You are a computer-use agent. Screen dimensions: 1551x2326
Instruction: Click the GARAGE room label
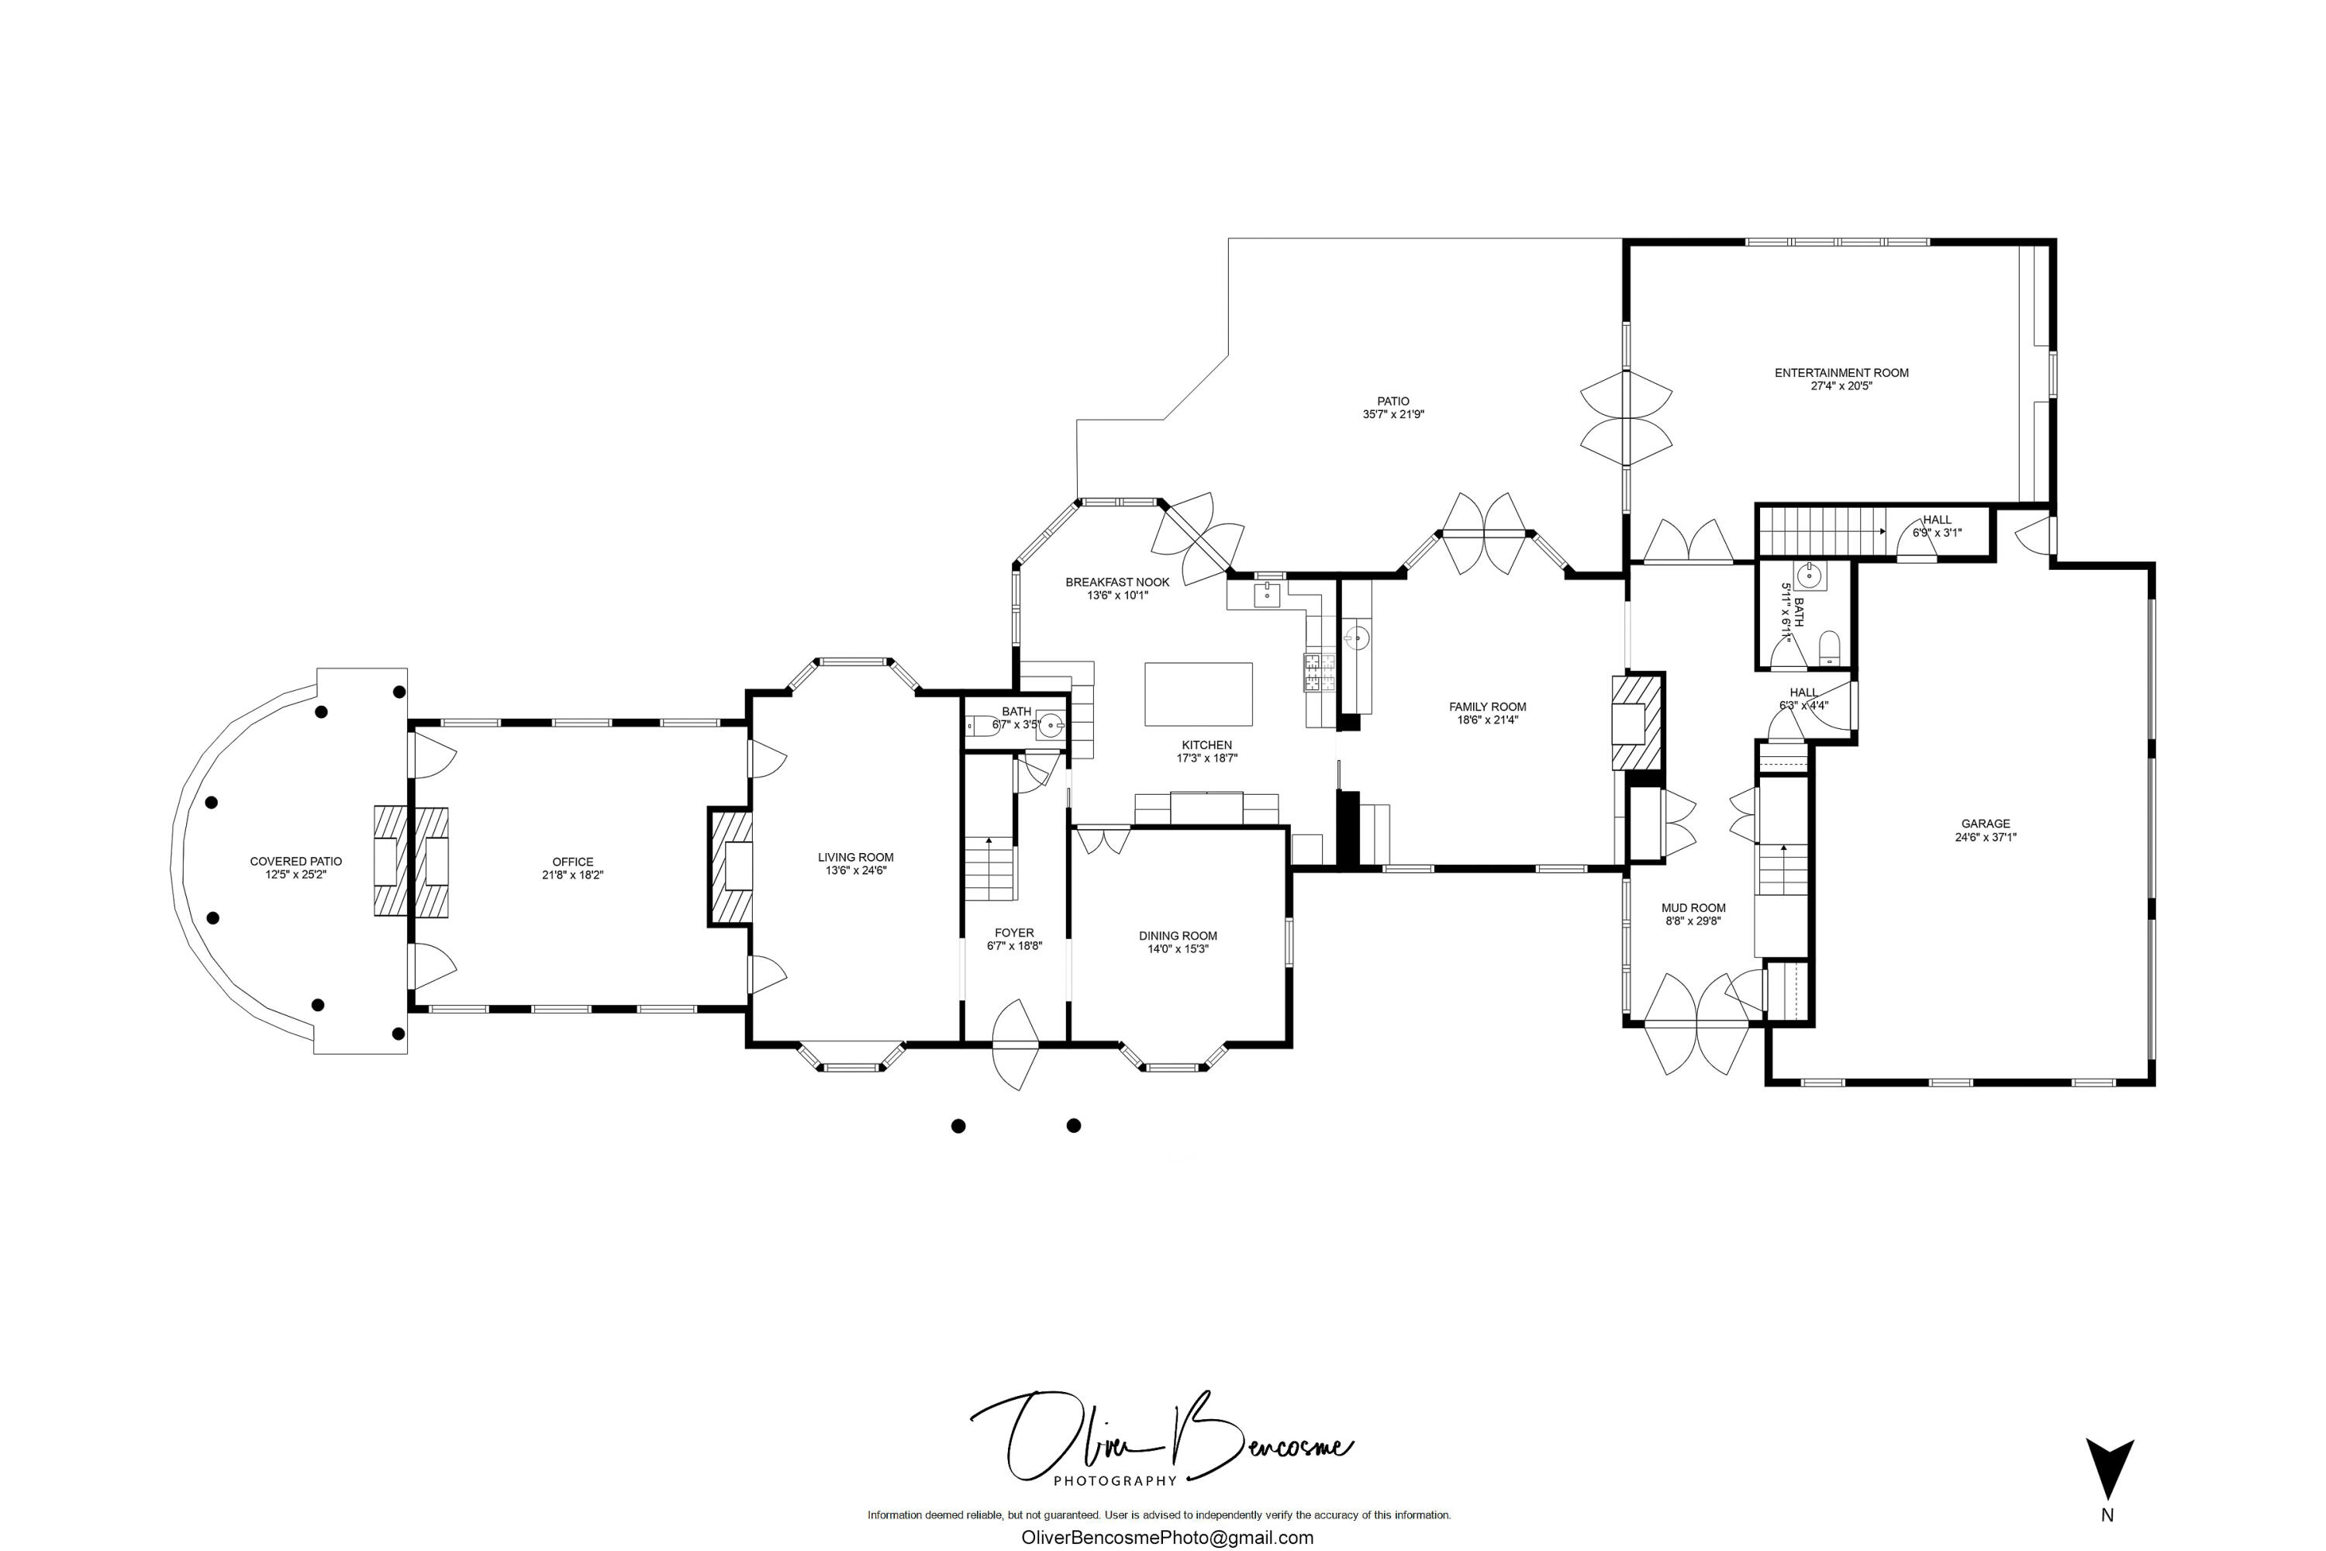[x=1985, y=823]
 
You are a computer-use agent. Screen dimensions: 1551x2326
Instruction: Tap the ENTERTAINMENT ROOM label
[x=1841, y=373]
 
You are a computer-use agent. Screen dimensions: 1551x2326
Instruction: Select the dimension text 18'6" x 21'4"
[x=1486, y=720]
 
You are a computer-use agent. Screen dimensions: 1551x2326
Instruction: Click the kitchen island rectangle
[x=1198, y=694]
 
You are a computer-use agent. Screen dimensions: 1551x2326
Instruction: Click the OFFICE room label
[x=573, y=862]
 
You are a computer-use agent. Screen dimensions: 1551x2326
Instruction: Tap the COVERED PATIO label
[x=295, y=862]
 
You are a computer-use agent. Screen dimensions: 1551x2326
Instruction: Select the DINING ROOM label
[x=1177, y=936]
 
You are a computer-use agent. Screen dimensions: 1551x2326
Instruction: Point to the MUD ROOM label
[x=1693, y=908]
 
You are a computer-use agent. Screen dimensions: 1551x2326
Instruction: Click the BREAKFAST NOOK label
[x=1116, y=582]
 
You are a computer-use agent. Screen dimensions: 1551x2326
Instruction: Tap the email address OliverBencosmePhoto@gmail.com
[x=1167, y=1537]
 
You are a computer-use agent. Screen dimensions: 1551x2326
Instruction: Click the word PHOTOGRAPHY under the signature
[x=1115, y=1480]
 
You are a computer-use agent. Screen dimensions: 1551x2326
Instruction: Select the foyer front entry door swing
[x=1016, y=1045]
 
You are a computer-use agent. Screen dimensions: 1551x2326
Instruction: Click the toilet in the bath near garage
[x=1828, y=649]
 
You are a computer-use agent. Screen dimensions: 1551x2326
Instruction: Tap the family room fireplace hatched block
[x=1637, y=721]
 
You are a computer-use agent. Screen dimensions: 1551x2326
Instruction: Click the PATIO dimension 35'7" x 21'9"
[x=1392, y=414]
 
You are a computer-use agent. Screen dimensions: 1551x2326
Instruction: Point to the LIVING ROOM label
[x=855, y=858]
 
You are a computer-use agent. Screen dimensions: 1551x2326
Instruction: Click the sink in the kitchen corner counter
[x=1267, y=595]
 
